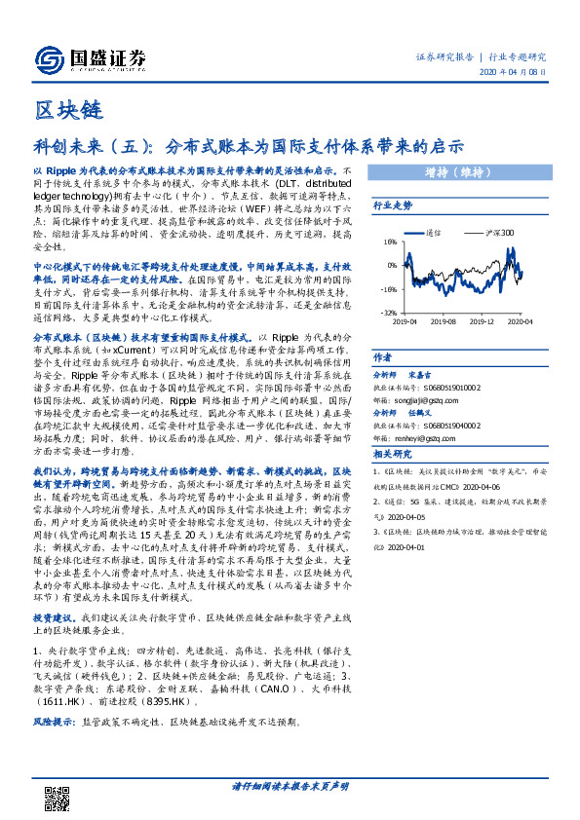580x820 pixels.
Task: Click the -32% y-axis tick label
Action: click(x=389, y=313)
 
